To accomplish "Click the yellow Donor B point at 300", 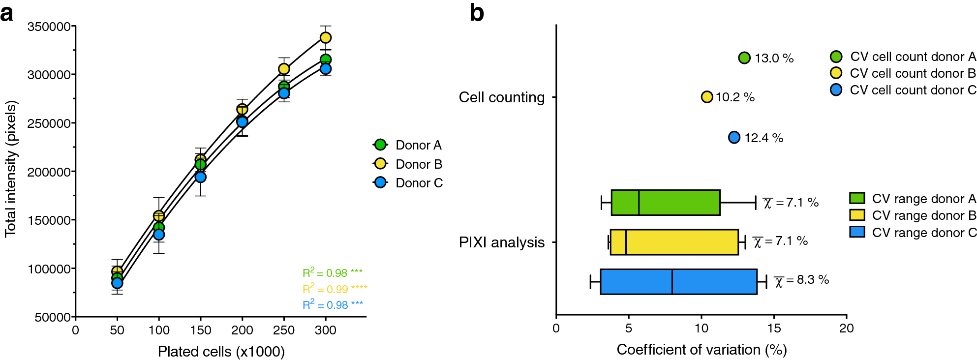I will (x=325, y=37).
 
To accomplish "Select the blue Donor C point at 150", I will (x=200, y=177).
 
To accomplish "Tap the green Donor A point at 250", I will (x=284, y=86).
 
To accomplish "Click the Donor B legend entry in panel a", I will (x=408, y=164).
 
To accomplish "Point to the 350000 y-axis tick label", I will (x=49, y=27).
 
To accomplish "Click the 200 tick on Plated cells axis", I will (x=242, y=330).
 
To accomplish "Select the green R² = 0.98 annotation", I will (x=332, y=272).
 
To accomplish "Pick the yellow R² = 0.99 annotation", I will (x=335, y=289).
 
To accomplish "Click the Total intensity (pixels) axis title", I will (x=11, y=169).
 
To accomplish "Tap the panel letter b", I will (x=477, y=13).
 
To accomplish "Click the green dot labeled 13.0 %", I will (x=744, y=58).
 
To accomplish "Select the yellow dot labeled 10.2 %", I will (x=707, y=97).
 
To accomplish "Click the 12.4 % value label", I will (x=763, y=138).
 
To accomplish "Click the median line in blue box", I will (x=672, y=282).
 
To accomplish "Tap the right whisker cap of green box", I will (x=756, y=203).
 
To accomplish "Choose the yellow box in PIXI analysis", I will (x=674, y=242).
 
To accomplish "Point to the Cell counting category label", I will (x=501, y=97).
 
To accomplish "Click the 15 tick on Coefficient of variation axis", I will (x=774, y=328).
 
